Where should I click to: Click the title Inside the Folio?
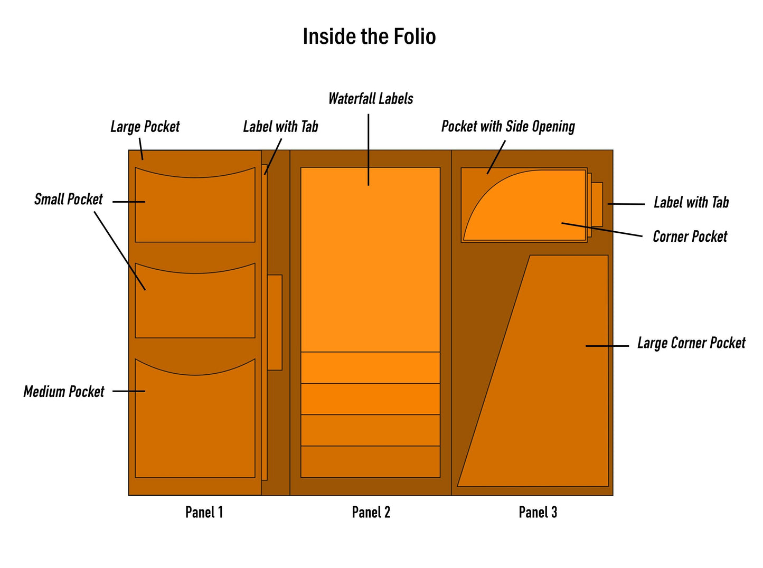(369, 36)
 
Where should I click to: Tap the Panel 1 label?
(204, 512)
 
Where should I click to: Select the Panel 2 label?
(371, 512)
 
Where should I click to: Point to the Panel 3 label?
(538, 512)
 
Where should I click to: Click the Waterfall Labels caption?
(371, 99)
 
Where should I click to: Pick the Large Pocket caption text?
(145, 127)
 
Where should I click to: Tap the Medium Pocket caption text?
(64, 392)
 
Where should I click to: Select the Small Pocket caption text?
(68, 200)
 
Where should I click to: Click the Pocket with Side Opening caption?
(508, 127)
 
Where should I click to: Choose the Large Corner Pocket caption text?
(691, 343)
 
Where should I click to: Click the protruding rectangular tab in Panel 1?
(275, 322)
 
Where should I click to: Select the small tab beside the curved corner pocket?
(597, 204)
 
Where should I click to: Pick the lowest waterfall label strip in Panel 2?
(370, 462)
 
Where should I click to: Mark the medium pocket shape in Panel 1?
(195, 422)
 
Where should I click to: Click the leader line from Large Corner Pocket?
(607, 346)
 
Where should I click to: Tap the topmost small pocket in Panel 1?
(195, 209)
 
